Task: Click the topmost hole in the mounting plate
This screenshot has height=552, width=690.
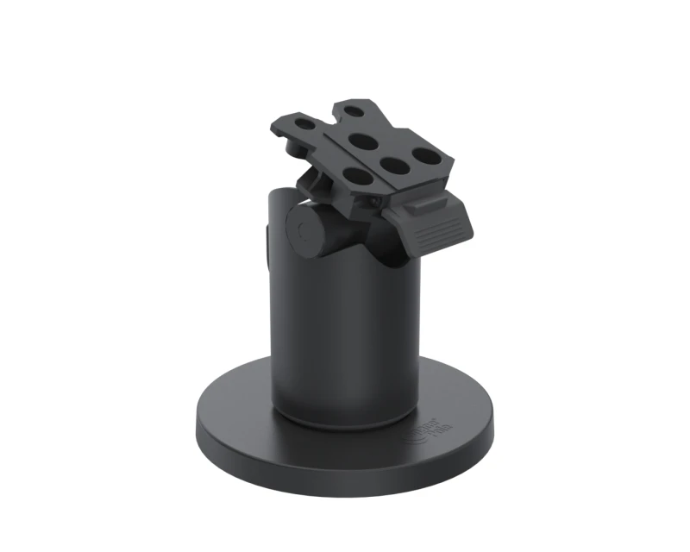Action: pyautogui.click(x=354, y=110)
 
